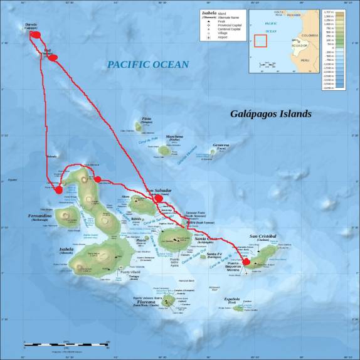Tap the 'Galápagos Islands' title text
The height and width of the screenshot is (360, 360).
270,114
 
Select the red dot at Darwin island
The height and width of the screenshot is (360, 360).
37,34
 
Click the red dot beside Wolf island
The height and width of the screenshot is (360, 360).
53,58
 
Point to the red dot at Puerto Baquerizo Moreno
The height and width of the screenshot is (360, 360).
246,262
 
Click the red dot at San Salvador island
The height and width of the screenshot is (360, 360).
159,198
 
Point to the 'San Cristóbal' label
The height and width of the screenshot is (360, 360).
263,236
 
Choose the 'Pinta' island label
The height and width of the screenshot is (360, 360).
147,119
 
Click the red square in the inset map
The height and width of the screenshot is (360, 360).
260,41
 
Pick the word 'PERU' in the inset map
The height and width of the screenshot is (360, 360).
305,60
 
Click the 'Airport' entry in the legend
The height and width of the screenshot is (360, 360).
223,38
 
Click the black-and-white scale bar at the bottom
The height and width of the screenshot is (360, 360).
66,343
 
